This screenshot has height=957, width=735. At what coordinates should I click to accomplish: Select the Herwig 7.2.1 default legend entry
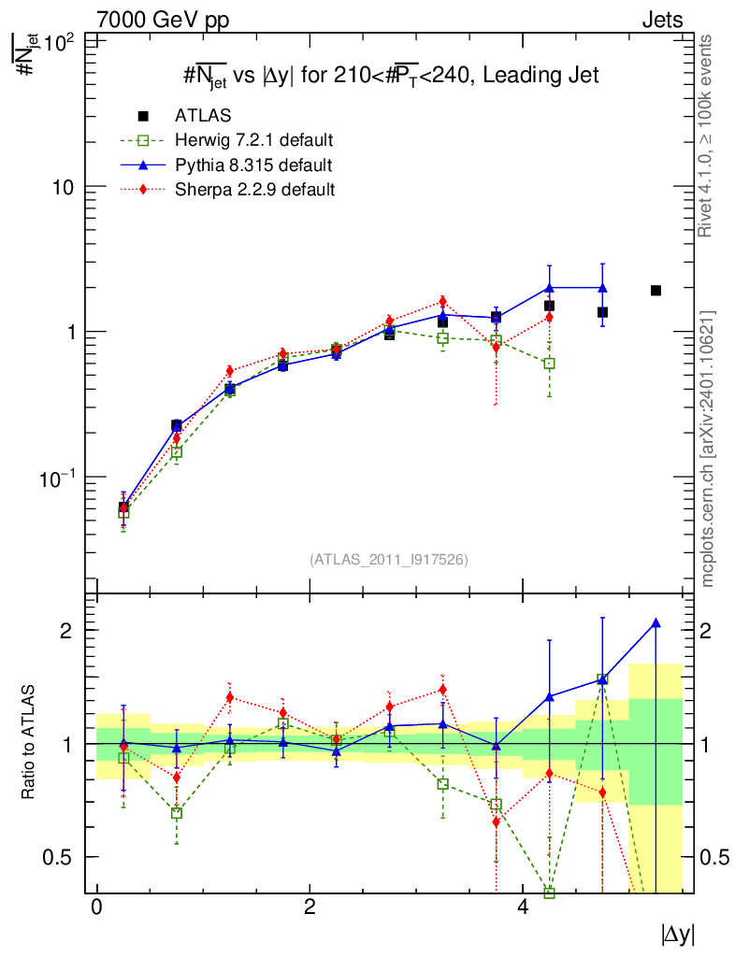coord(253,141)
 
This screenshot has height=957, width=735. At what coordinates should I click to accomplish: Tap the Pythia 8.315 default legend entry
coord(252,165)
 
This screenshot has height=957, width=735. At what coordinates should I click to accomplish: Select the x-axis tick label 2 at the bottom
coord(310,907)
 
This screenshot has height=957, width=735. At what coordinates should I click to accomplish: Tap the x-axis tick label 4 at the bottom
coord(523,907)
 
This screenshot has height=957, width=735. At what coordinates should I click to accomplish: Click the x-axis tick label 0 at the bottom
coord(96,907)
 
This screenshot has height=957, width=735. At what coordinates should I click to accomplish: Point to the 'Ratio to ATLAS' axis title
coord(31,743)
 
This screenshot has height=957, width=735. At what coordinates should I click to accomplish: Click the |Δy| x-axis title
coord(678,934)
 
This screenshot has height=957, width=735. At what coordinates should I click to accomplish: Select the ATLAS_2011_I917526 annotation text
coord(388,560)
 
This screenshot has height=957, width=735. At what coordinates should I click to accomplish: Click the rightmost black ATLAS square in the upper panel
coord(656,291)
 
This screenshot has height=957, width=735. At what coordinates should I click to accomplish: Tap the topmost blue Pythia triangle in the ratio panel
coord(656,622)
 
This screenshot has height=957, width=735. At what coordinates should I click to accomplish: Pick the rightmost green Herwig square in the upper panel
coord(549,363)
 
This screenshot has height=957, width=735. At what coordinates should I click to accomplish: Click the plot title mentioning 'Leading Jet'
coord(390,75)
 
